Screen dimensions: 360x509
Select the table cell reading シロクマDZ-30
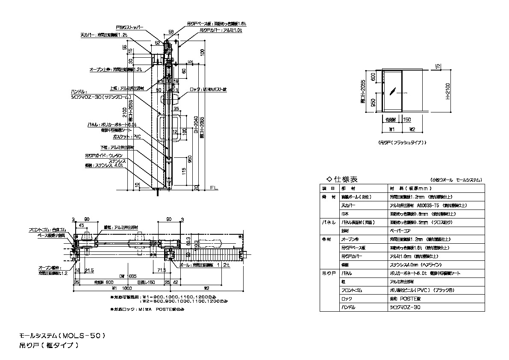[404, 307]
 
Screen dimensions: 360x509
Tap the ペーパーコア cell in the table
[398, 230]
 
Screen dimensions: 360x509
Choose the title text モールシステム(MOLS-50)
[62, 336]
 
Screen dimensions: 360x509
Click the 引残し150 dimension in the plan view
[145, 282]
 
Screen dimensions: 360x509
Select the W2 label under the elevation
[413, 128]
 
